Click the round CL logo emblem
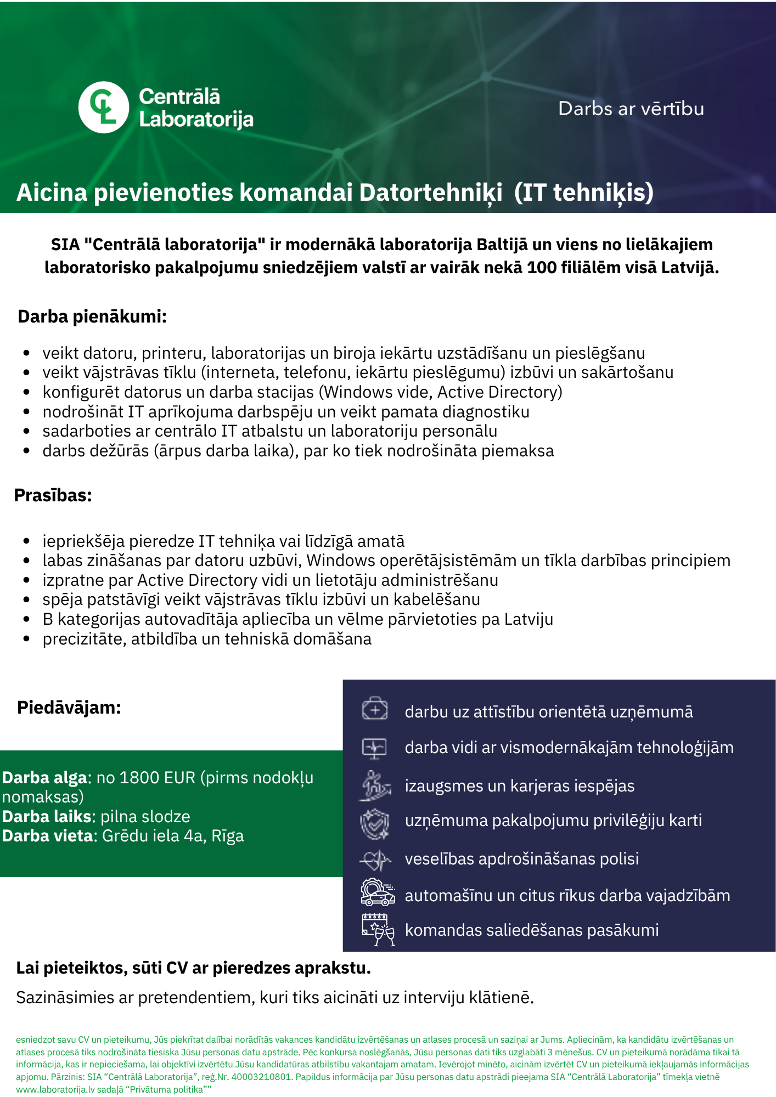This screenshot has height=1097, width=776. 104,108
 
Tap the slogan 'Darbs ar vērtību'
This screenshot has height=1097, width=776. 631,109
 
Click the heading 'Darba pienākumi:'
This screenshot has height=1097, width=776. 92,316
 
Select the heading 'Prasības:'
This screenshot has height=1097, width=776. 53,495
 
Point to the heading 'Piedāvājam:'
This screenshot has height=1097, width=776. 69,708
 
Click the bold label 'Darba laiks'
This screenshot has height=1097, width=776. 46,817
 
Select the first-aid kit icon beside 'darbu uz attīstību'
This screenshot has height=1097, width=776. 375,710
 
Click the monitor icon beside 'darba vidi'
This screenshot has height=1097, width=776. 375,748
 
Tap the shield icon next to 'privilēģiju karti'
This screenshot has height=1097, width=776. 375,823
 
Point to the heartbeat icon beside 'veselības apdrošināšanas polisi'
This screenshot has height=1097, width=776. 375,860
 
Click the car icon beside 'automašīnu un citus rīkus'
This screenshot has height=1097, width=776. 378,893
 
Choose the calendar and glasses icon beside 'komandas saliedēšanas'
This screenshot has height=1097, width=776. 378,930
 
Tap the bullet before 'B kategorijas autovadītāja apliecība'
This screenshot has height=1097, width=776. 26,619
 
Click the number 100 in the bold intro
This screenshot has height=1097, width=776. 542,268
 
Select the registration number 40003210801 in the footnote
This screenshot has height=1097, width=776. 261,1077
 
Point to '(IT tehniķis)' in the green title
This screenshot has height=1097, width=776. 584,193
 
